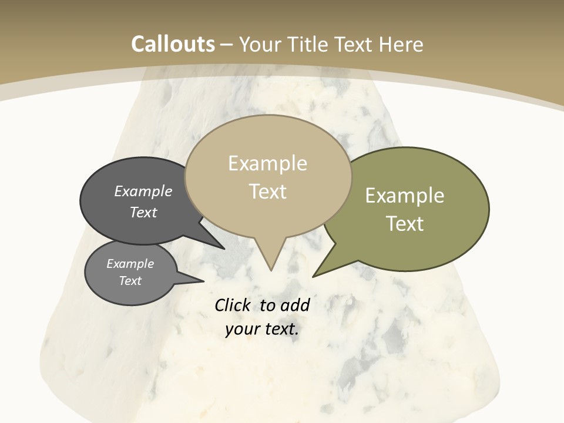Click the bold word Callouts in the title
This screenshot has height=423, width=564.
[173, 44]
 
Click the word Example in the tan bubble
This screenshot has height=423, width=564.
[267, 163]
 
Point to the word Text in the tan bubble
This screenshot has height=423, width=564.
[267, 192]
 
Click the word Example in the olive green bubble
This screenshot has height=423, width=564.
[405, 196]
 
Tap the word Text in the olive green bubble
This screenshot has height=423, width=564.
[405, 224]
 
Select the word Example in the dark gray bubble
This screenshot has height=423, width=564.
[143, 191]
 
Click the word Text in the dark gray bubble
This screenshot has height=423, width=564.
[143, 212]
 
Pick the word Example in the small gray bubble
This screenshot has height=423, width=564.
[130, 264]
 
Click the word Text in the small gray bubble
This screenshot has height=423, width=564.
[130, 281]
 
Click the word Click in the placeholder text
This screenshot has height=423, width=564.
[232, 305]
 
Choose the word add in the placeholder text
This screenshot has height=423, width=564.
[294, 305]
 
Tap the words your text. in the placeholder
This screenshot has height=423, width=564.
[262, 329]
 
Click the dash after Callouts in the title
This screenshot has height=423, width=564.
[227, 45]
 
